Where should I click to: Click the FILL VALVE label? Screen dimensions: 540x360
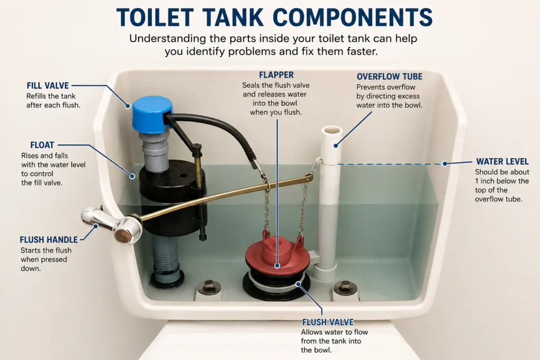48,85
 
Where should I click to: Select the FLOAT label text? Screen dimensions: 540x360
42,145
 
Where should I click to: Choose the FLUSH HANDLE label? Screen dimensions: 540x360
49,239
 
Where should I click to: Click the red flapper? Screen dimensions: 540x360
277,253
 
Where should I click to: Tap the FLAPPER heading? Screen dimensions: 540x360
276,75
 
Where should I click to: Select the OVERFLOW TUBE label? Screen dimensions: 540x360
390,76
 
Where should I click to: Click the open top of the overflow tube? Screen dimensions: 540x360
332,131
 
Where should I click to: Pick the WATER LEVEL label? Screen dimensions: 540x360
502,161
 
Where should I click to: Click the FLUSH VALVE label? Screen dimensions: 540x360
328,322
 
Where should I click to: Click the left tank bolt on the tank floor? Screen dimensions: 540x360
209,286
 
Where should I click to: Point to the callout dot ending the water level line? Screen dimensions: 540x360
445,164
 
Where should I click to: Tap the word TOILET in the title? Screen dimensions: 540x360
155,17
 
